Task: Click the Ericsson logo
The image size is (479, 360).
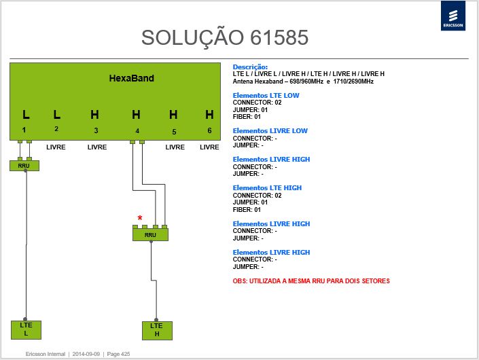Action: click(453, 16)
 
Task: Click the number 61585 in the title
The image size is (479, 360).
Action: click(279, 37)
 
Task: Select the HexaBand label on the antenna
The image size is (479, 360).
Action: click(131, 78)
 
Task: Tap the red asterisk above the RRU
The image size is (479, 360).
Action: click(140, 218)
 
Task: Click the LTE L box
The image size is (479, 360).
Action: click(26, 329)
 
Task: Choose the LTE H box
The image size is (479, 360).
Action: click(157, 330)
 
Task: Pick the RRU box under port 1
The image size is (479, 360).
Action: click(24, 166)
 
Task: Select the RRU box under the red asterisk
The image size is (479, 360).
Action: click(150, 234)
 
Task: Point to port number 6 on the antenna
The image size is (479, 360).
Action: click(209, 130)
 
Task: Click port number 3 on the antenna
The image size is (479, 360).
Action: click(96, 130)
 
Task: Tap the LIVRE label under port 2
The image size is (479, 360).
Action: click(56, 147)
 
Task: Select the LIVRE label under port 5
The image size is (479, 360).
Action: click(175, 147)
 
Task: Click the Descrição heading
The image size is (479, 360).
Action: click(250, 67)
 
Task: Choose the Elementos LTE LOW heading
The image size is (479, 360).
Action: click(266, 95)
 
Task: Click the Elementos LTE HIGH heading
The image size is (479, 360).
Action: click(267, 187)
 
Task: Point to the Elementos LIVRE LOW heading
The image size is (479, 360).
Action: click(270, 130)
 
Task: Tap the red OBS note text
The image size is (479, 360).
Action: click(311, 281)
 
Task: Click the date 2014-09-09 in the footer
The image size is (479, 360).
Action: click(86, 354)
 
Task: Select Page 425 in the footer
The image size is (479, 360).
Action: click(118, 354)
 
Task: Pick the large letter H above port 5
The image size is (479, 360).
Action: click(173, 115)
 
